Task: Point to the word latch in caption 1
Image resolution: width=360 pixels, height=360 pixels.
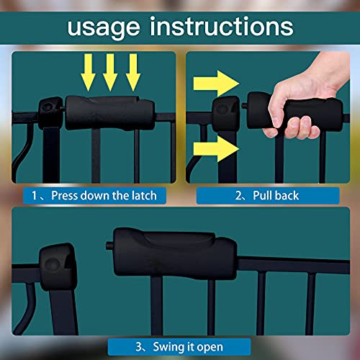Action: coord(142,195)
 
